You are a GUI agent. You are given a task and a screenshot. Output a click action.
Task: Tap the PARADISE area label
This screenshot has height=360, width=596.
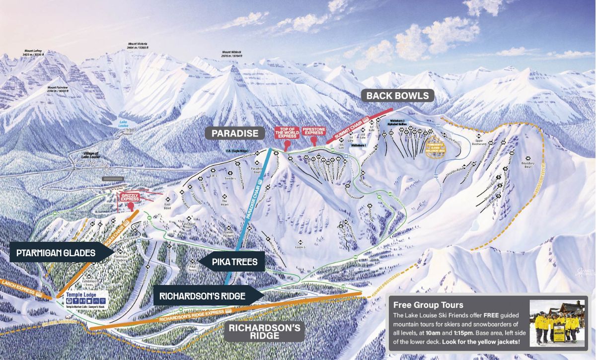tap(235, 133)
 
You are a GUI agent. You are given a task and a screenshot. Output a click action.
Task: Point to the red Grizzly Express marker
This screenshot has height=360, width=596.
tap(129, 198)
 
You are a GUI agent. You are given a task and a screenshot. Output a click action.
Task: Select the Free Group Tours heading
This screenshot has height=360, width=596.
tap(428, 305)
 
